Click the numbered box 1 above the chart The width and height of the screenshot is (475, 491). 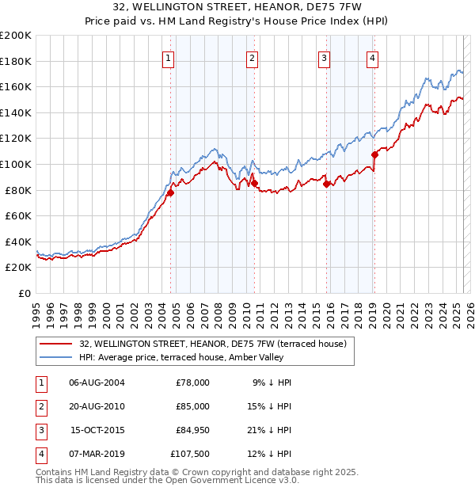coord(169,57)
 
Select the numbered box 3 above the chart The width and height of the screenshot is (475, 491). coord(324,57)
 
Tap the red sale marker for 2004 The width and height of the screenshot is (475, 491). coord(170,192)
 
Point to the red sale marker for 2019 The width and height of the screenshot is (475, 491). coord(374,155)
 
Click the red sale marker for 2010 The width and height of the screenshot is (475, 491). coord(255,184)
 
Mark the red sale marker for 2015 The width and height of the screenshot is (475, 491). coord(327,184)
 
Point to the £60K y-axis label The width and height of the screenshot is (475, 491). coord(18,215)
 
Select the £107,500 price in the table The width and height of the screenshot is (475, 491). coord(190,454)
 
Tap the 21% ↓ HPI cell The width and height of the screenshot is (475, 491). coord(268,430)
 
